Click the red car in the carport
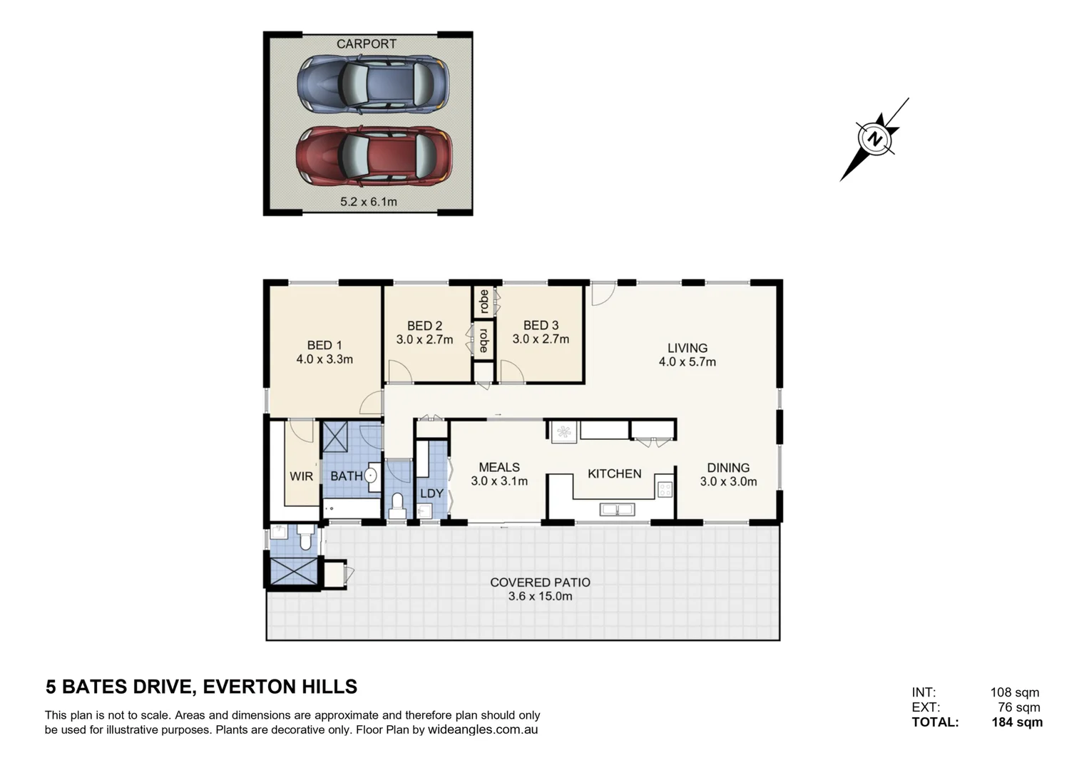[x=374, y=156]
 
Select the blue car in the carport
[x=372, y=84]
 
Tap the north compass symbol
[x=874, y=139]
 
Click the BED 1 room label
[x=324, y=345]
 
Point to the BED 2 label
[x=424, y=326]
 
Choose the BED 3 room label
[x=541, y=326]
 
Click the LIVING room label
[x=687, y=348]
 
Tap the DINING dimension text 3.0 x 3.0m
[x=728, y=482]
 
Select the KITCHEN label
[x=614, y=473]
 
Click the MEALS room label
[x=499, y=467]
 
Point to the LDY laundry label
[x=431, y=493]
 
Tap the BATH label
[x=346, y=476]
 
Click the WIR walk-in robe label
[x=301, y=476]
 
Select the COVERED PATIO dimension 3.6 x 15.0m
[x=540, y=597]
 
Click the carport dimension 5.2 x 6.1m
[x=369, y=202]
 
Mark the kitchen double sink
[x=618, y=509]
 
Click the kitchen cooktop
[x=665, y=489]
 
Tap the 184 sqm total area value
[x=1016, y=722]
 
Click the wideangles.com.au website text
[x=483, y=730]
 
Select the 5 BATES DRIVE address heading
[x=201, y=687]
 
